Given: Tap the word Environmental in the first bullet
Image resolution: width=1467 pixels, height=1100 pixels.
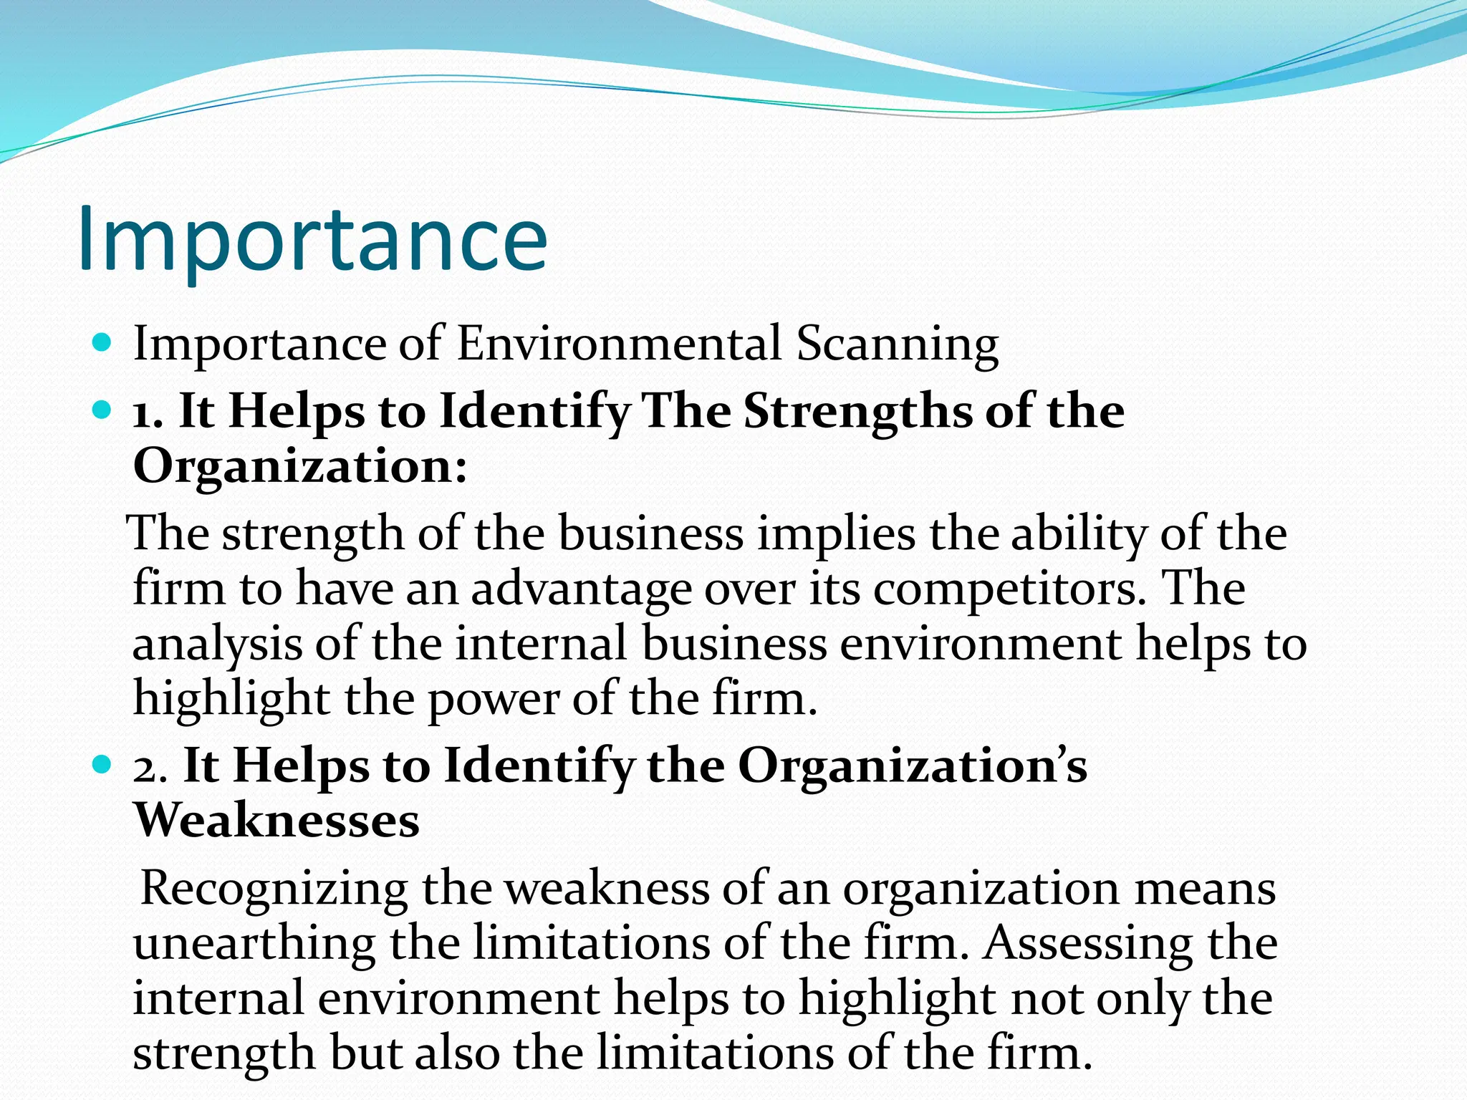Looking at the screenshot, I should (619, 344).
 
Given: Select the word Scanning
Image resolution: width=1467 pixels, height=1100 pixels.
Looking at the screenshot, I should (898, 344).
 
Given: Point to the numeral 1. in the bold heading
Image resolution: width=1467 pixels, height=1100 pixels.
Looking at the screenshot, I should (148, 414).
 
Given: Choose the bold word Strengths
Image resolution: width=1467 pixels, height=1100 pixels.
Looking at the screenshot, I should (857, 412).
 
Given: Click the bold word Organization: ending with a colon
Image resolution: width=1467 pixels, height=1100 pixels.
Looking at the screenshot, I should (300, 466).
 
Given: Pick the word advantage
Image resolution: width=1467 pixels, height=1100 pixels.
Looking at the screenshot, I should (581, 589).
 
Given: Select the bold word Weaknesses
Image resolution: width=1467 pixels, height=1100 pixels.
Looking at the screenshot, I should (276, 820).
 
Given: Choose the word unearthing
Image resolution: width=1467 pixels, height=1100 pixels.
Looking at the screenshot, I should (254, 944).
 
